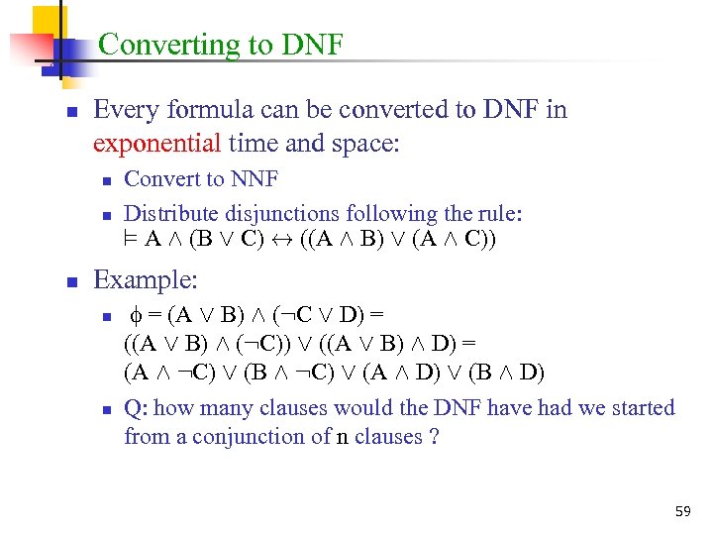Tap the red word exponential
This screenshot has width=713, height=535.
[x=156, y=144]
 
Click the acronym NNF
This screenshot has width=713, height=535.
[x=255, y=179]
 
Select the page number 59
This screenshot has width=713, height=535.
[x=682, y=511]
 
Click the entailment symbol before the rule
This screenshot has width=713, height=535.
[x=130, y=239]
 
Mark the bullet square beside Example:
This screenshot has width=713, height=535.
[x=70, y=281]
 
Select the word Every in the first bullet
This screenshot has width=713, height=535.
[x=120, y=109]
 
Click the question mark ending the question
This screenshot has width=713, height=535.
[x=434, y=436]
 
